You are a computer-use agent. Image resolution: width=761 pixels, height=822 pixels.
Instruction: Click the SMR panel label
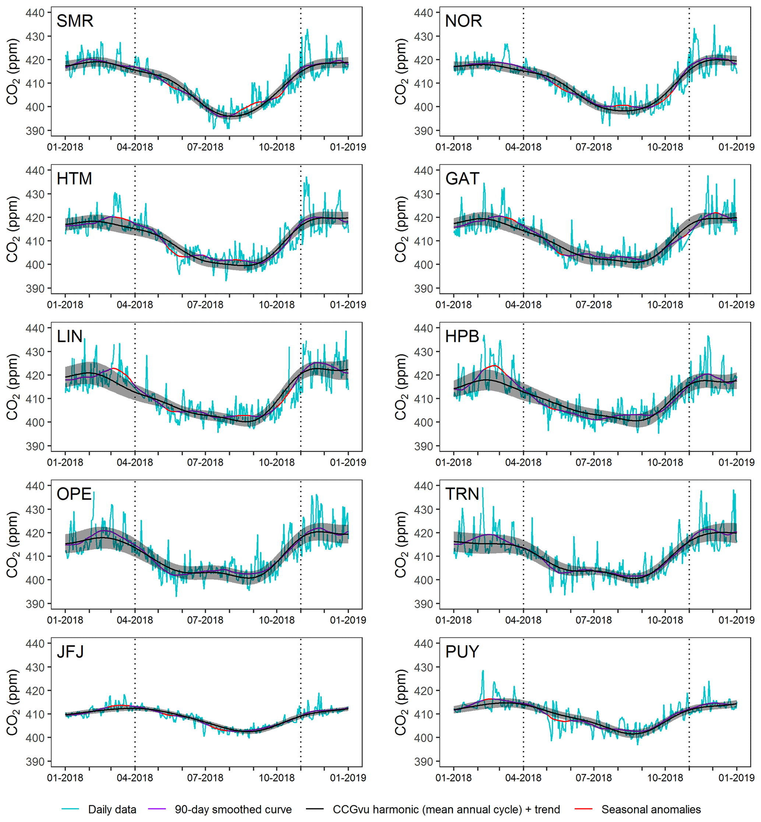click(75, 21)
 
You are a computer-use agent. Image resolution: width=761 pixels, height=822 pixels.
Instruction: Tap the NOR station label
click(463, 21)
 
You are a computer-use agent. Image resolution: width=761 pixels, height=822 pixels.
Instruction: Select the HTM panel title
click(74, 179)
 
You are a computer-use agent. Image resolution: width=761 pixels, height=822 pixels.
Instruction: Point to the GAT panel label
click(462, 179)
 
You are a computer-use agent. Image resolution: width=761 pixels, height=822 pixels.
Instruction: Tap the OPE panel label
click(74, 494)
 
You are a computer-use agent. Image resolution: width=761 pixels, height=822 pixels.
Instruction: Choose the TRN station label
click(462, 494)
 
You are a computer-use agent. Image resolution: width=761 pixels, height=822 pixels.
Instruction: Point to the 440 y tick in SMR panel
click(35, 13)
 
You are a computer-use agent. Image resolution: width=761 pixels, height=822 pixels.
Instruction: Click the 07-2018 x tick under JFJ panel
click(205, 778)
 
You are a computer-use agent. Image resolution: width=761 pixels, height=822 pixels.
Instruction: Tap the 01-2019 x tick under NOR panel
click(736, 147)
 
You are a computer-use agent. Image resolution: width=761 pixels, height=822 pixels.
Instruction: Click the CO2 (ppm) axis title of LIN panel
click(13, 387)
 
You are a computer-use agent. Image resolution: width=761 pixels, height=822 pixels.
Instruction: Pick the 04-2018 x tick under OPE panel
click(135, 620)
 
